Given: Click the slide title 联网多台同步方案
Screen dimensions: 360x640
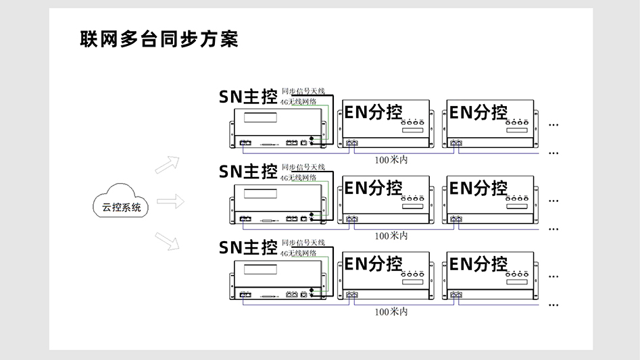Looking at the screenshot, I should click(x=159, y=38).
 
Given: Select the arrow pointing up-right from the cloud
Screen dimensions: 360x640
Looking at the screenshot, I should click(x=167, y=165).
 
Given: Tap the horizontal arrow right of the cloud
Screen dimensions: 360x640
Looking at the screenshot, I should click(x=170, y=201).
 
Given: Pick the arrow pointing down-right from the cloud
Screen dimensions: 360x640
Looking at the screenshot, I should click(x=167, y=240).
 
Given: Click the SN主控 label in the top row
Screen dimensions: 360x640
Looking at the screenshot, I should click(x=248, y=97).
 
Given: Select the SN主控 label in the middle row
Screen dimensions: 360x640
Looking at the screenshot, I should click(x=248, y=172).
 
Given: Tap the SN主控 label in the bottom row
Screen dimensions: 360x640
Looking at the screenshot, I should click(x=248, y=247).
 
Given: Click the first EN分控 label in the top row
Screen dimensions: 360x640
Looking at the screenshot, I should click(x=373, y=112).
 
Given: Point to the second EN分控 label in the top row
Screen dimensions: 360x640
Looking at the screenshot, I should click(x=478, y=112).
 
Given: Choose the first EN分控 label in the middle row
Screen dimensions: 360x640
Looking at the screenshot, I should click(x=373, y=188).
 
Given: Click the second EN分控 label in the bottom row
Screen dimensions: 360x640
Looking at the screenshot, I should click(x=478, y=263).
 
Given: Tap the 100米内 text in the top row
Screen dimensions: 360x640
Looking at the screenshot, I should click(x=391, y=160).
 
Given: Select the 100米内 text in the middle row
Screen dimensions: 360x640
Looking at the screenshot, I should click(x=391, y=236).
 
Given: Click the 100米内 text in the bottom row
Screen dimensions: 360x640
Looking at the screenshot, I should click(x=391, y=312).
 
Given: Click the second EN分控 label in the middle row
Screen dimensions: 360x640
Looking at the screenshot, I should click(x=478, y=188).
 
